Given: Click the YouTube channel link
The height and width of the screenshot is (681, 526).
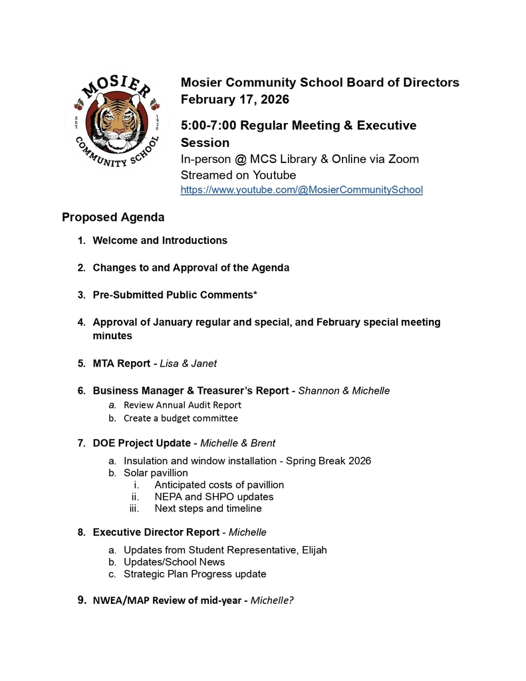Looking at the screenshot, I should click(x=301, y=190).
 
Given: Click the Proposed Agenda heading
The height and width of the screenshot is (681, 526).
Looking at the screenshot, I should click(x=113, y=217).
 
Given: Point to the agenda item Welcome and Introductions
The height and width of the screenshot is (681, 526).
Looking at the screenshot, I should click(x=160, y=240).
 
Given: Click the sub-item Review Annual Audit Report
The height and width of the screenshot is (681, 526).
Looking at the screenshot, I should click(x=182, y=404).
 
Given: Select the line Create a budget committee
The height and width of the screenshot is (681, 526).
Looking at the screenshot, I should click(x=180, y=418).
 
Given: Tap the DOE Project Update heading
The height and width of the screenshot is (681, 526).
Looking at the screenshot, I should click(x=141, y=443).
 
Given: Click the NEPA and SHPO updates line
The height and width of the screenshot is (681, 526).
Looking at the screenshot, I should click(x=213, y=497).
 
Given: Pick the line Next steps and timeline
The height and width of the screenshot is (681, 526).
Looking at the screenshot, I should click(x=207, y=509).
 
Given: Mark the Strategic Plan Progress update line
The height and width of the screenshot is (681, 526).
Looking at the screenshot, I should click(x=194, y=574).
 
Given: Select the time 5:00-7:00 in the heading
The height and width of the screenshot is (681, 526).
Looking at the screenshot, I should click(x=208, y=125).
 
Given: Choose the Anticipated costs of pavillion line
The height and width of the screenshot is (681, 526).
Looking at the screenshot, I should click(x=219, y=485).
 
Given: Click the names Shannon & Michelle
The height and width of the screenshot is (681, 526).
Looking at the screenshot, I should click(x=344, y=390).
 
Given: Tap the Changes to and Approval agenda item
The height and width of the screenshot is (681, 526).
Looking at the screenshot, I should click(x=191, y=267).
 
